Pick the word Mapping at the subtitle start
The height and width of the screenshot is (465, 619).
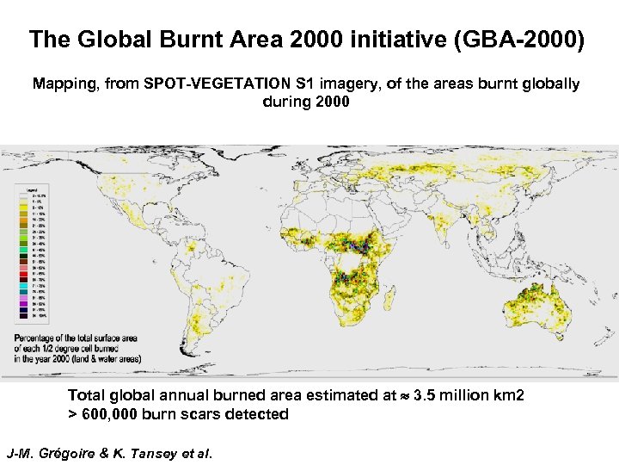click(x=64, y=84)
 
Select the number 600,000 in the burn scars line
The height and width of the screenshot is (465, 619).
click(x=115, y=414)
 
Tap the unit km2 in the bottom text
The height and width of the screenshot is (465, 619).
click(x=507, y=396)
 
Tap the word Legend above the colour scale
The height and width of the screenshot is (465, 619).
click(x=31, y=186)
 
